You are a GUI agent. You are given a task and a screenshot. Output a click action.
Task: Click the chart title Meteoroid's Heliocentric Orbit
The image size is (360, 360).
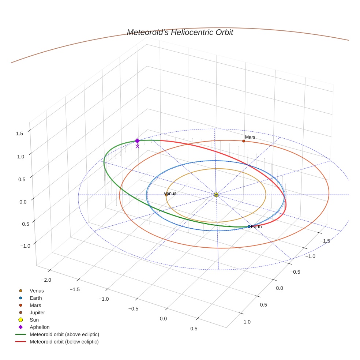[x=180, y=33]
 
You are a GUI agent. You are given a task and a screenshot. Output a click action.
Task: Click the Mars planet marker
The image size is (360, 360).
[x=244, y=141]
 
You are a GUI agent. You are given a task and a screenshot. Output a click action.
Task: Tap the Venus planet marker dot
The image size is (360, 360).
[x=166, y=195]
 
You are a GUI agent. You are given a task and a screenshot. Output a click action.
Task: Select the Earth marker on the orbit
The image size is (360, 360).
[x=249, y=226]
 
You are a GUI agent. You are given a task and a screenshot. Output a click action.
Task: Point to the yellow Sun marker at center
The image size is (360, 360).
[x=216, y=195]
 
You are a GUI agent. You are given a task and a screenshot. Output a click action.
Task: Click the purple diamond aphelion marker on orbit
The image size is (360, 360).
[x=137, y=141]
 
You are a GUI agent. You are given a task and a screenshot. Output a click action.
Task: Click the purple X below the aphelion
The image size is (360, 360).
[x=137, y=146]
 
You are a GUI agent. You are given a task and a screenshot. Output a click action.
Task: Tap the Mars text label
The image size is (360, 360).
[x=250, y=137]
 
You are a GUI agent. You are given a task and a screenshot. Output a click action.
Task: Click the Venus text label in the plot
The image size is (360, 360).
[x=170, y=193]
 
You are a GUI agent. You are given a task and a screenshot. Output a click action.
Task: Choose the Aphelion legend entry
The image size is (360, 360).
[x=40, y=327]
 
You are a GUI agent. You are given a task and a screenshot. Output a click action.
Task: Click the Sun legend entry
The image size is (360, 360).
[x=34, y=320]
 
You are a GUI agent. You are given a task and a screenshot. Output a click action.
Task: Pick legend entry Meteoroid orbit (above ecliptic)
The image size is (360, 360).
[x=64, y=334]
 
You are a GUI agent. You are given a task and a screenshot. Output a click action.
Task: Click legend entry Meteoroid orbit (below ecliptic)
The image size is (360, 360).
[x=64, y=342]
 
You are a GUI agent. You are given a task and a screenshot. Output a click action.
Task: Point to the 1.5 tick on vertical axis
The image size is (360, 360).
[x=19, y=134]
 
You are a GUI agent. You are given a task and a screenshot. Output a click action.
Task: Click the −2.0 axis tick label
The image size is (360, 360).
[x=46, y=280]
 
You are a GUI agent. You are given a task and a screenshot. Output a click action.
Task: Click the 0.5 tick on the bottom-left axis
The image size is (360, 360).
[x=194, y=329]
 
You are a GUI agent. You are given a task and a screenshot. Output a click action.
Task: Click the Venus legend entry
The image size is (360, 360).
[x=37, y=291]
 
